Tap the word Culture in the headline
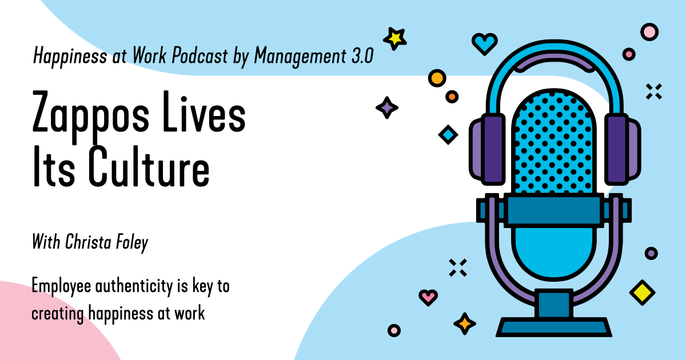[149, 166]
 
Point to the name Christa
[88, 242]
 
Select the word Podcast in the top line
[200, 55]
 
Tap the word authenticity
[134, 287]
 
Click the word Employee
[61, 287]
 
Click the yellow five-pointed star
[395, 39]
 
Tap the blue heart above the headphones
[485, 43]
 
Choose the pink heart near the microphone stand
[428, 297]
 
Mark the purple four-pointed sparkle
[387, 107]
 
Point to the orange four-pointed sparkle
[465, 323]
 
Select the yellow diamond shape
[642, 293]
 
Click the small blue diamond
[448, 134]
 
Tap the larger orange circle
[437, 78]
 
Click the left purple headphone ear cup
[488, 149]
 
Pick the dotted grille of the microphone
[554, 144]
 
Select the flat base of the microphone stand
[554, 327]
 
